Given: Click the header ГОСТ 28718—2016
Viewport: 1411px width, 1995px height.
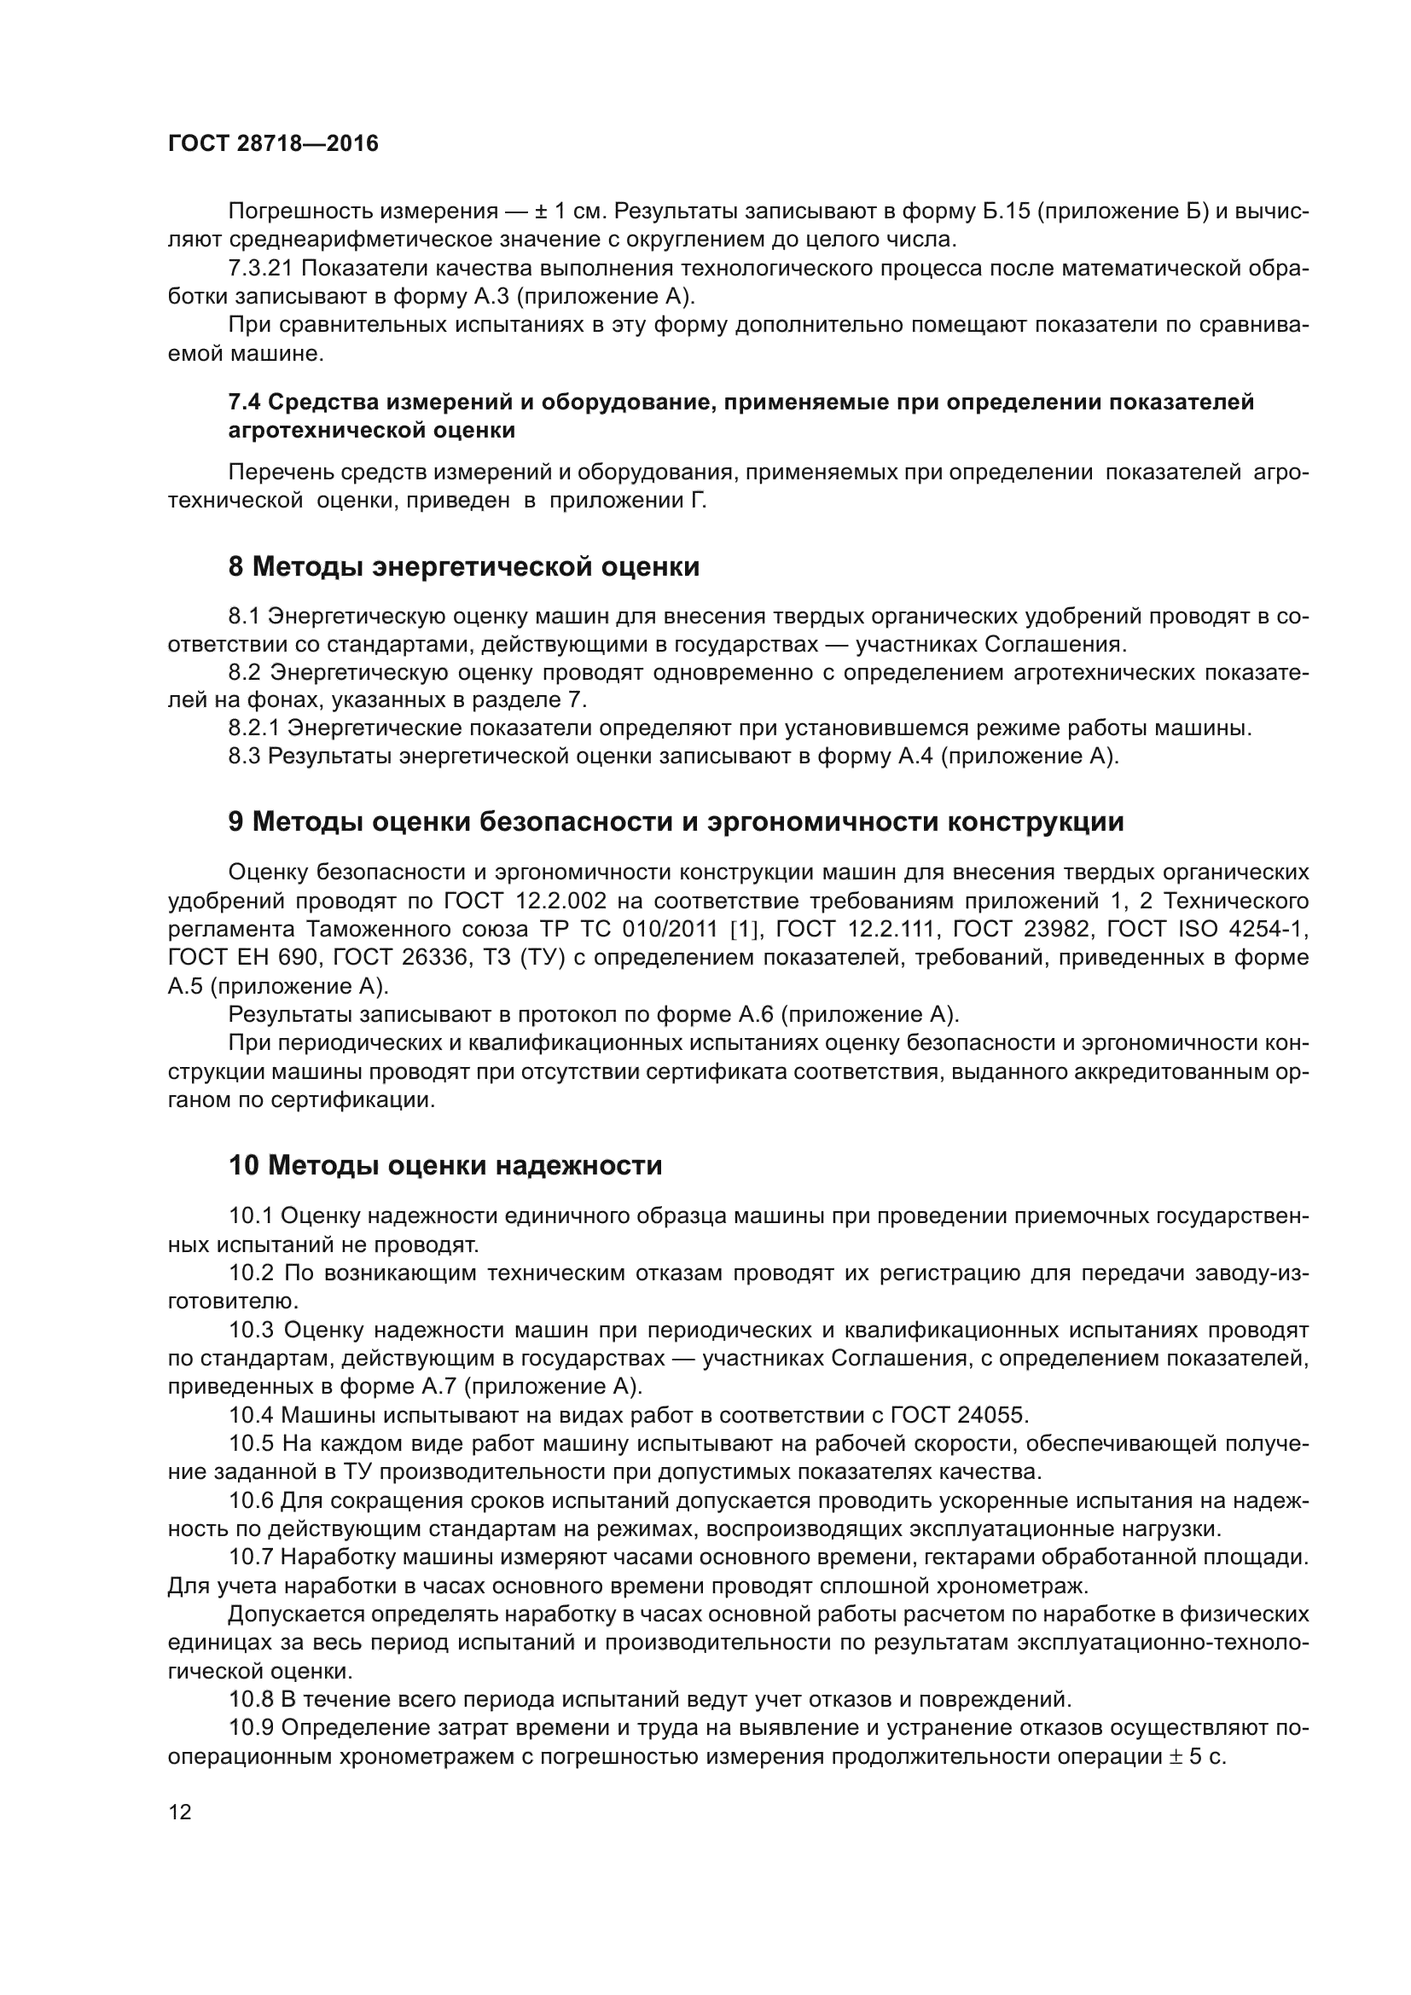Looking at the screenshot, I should coord(273,144).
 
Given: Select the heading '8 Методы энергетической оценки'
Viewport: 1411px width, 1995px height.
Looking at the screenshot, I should coord(463,566).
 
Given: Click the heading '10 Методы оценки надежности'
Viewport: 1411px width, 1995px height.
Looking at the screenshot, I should coord(444,1165).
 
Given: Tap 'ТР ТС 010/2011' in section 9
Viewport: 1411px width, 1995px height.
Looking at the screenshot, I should coord(632,930).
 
